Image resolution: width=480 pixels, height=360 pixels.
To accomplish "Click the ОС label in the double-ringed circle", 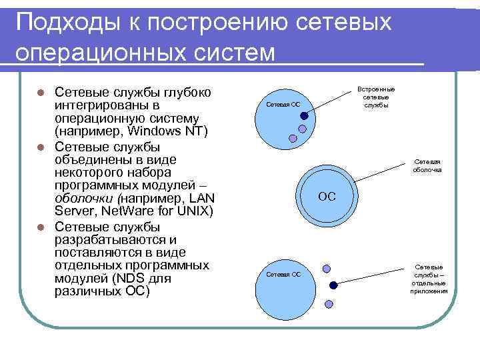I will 327,197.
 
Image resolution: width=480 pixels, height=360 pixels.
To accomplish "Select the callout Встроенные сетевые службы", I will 376,97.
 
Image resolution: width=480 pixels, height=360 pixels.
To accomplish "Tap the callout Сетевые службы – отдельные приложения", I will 428,279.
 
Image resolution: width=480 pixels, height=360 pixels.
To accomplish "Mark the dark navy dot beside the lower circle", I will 333,285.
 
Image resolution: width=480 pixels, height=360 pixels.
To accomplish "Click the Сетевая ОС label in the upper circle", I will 283,105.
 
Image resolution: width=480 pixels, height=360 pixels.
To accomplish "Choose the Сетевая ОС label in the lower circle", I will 283,274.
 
